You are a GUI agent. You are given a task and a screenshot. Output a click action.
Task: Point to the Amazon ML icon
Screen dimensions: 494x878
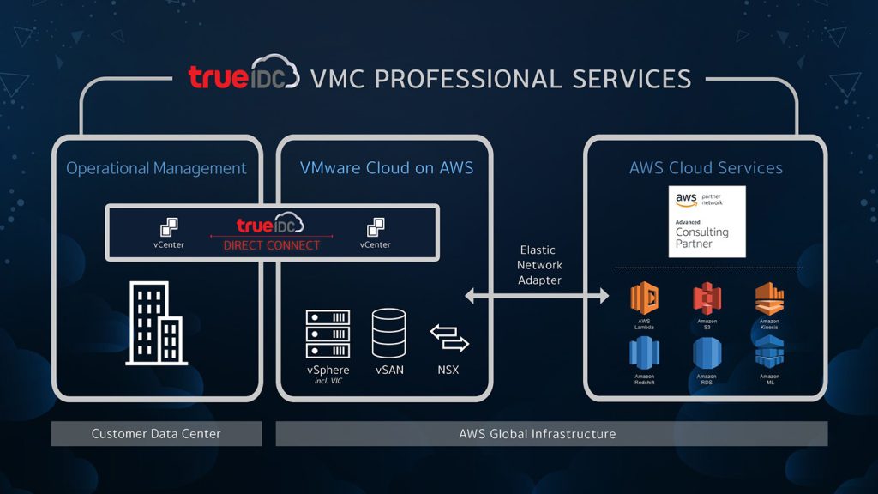pyautogui.click(x=768, y=352)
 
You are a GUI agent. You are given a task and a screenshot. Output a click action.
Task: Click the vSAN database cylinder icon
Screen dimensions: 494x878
pyautogui.click(x=389, y=334)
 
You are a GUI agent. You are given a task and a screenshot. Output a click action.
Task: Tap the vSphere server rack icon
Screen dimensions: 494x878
pyautogui.click(x=328, y=334)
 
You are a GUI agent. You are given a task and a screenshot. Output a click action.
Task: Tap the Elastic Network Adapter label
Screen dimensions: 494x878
pyautogui.click(x=539, y=265)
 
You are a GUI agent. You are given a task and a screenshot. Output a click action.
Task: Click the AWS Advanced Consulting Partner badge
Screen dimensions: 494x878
pyautogui.click(x=707, y=221)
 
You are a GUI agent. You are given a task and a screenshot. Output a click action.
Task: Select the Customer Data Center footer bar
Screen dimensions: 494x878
pyautogui.click(x=156, y=434)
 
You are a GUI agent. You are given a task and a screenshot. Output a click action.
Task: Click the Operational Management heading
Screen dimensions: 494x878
pyautogui.click(x=156, y=168)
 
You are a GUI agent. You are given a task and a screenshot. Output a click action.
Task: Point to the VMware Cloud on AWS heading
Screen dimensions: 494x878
pyautogui.click(x=387, y=168)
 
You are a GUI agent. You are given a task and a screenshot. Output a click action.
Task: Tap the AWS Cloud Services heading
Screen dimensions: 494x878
pyautogui.click(x=706, y=168)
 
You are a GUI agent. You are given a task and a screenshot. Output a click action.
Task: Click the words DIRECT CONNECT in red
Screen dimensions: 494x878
pyautogui.click(x=271, y=245)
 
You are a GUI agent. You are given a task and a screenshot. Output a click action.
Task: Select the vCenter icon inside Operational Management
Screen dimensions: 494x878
pyautogui.click(x=168, y=228)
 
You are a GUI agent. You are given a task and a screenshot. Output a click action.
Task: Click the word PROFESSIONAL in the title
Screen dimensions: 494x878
pyautogui.click(x=468, y=79)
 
